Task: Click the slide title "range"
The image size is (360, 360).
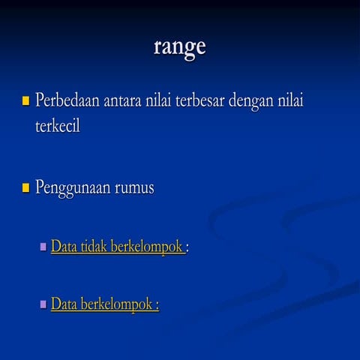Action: click(180, 46)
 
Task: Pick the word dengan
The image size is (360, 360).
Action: click(256, 100)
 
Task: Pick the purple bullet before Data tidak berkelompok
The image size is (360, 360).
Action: click(43, 245)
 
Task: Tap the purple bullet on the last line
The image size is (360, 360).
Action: click(43, 304)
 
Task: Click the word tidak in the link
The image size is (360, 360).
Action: click(92, 245)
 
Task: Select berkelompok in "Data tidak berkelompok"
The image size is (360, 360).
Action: click(146, 246)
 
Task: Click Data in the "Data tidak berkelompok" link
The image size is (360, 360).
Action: click(63, 245)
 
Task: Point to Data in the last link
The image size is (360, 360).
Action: click(63, 304)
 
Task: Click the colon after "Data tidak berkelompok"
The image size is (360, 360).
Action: click(187, 247)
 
